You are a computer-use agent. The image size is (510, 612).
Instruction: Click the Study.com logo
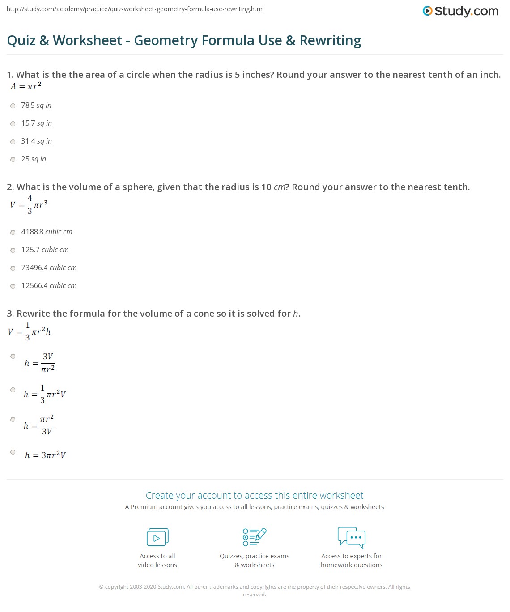(460, 11)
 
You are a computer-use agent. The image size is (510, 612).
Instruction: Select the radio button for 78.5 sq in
(13, 106)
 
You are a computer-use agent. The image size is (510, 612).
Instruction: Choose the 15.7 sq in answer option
(36, 123)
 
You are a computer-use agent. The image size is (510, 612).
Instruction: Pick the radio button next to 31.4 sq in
(13, 142)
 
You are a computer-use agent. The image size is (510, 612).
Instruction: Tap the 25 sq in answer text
(34, 159)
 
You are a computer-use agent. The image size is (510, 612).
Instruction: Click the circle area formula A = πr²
(26, 86)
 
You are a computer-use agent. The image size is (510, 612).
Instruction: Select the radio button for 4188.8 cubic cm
(13, 233)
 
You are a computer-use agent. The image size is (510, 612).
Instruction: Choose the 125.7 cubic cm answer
(45, 250)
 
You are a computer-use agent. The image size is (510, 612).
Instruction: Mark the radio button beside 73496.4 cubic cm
(13, 268)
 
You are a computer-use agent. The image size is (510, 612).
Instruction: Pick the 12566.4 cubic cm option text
(49, 286)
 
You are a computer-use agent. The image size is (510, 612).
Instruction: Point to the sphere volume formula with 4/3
(29, 204)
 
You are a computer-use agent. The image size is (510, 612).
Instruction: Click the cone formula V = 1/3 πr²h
(29, 331)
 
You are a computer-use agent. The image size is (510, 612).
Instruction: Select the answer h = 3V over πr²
(40, 363)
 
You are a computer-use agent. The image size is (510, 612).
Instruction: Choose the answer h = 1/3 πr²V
(45, 394)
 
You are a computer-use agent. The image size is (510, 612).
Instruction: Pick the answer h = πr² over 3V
(39, 425)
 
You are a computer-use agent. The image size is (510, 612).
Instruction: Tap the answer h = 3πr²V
(45, 455)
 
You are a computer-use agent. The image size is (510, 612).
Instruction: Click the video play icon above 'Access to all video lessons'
(157, 537)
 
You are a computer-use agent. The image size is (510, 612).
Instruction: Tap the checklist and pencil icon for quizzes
(255, 537)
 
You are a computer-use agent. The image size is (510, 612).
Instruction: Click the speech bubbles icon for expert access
(352, 537)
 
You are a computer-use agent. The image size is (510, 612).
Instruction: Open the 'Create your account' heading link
(255, 496)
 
